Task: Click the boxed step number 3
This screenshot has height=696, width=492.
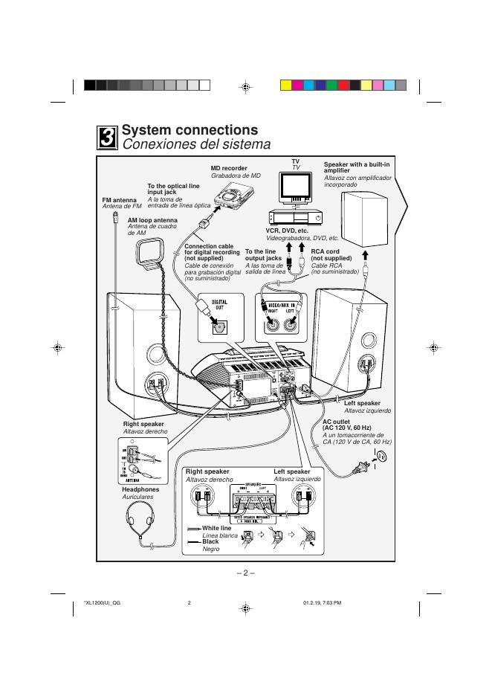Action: (108, 138)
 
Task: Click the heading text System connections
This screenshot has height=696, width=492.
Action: (190, 130)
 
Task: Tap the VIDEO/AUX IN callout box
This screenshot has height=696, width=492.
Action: (282, 317)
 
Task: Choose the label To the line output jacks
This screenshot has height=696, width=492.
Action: (264, 254)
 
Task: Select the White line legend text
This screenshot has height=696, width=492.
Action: (217, 528)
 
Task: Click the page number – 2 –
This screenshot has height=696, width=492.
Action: (245, 573)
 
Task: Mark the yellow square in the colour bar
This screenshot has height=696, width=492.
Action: (285, 86)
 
